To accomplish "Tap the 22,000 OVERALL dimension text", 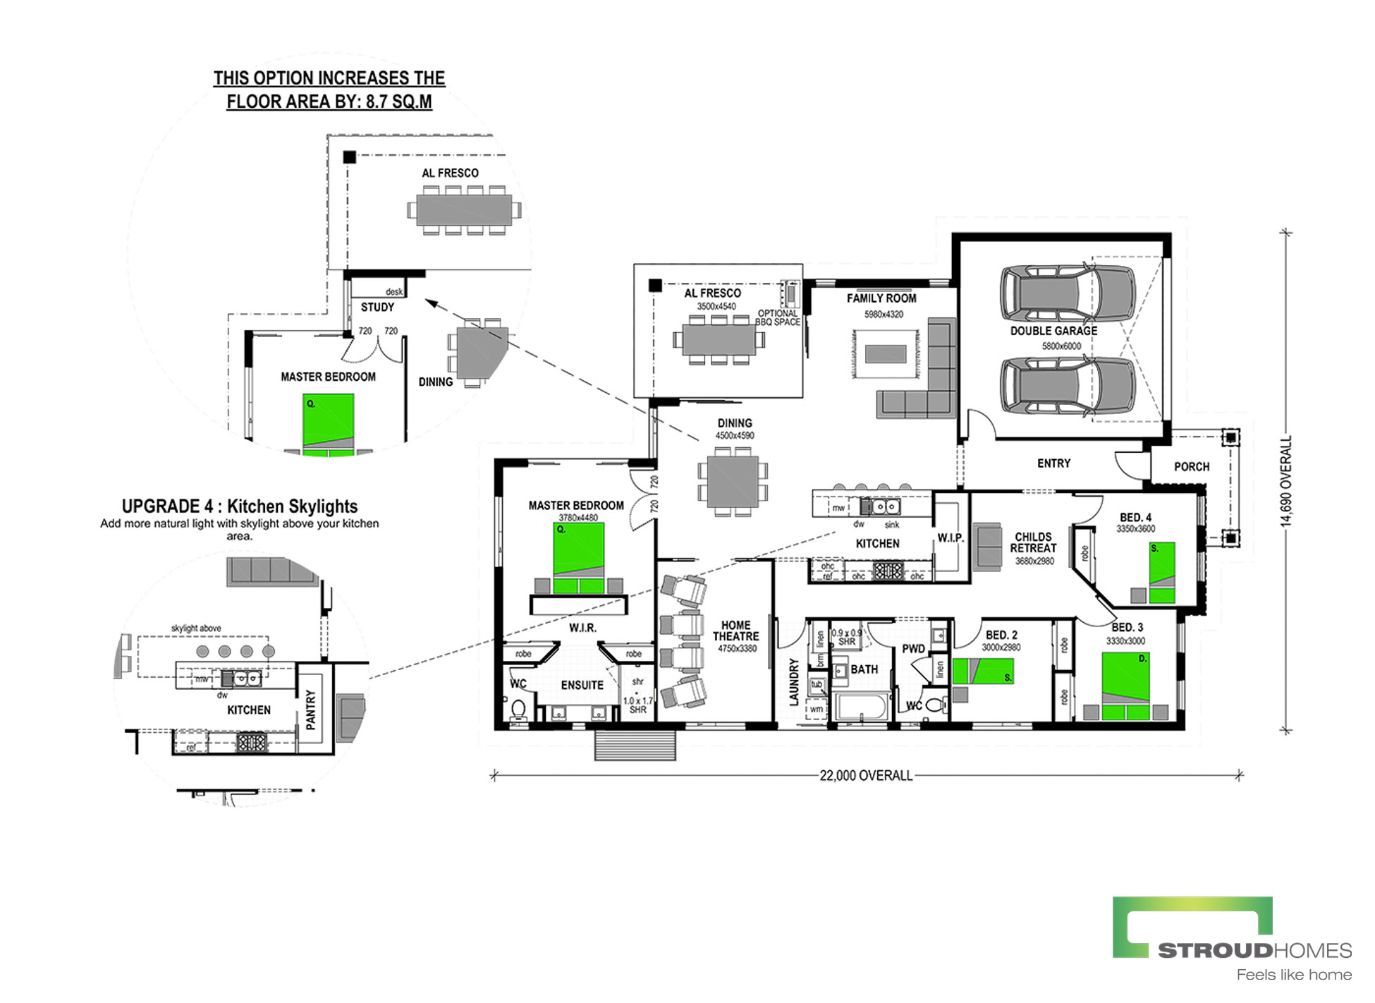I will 866,776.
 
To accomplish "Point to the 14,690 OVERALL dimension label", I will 1286,481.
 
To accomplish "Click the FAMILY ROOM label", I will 881,298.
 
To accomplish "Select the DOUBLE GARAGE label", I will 1053,331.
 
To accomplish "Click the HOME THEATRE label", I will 735,631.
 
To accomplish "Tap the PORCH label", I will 1192,467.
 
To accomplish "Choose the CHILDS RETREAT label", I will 1033,542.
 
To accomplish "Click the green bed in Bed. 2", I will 983,671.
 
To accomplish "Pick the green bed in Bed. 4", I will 1162,572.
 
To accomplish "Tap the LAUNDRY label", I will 794,682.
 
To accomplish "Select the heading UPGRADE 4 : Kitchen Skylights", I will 240,506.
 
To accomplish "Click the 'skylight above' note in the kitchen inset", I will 196,628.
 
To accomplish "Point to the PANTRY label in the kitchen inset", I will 311,710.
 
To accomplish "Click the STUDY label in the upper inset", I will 377,308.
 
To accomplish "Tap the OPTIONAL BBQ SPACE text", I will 778,317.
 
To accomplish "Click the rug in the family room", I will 886,353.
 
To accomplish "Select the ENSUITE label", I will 582,685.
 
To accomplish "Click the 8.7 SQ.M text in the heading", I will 398,102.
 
